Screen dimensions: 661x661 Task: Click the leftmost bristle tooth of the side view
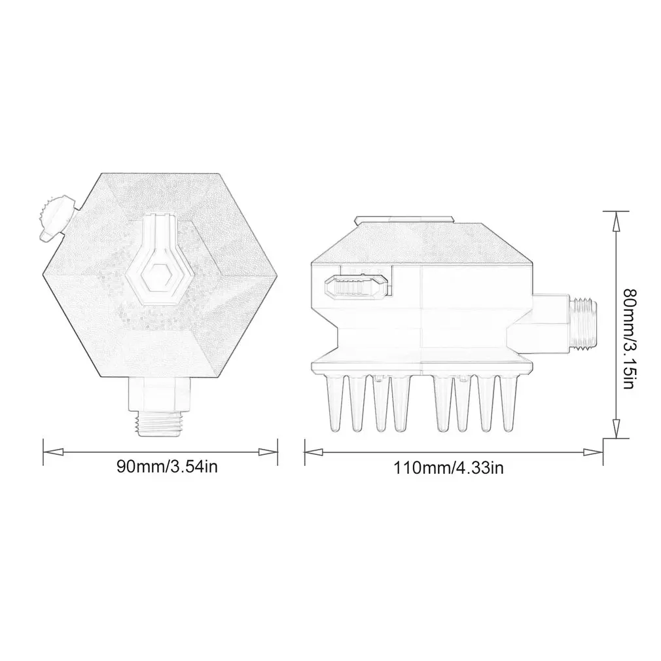coord(334,402)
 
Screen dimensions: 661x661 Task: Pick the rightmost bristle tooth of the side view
coord(509,402)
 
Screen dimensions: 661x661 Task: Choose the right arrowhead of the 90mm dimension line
coord(268,452)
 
